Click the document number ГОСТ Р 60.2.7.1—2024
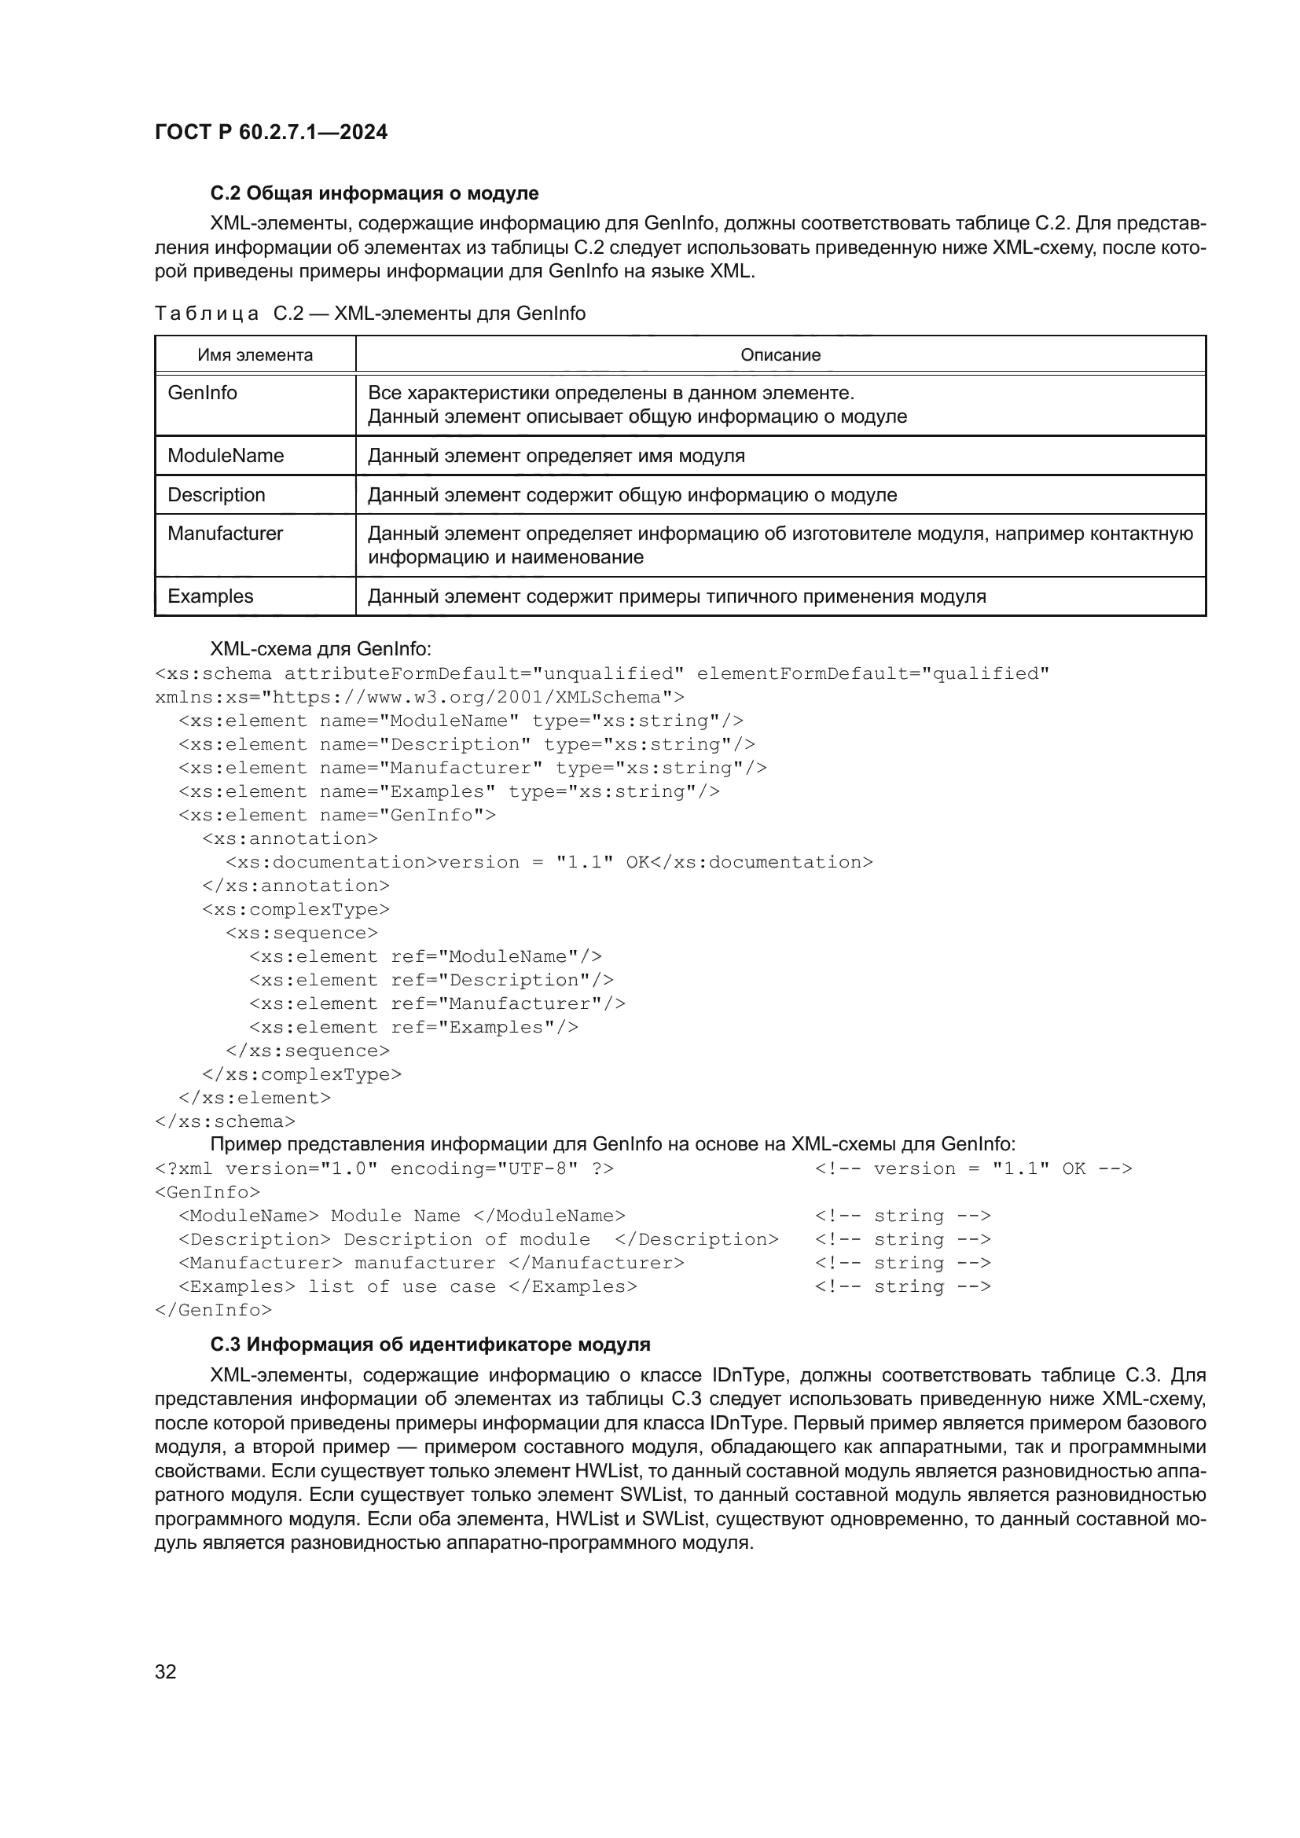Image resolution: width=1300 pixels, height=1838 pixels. click(270, 132)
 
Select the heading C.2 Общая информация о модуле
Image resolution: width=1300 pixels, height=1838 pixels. click(374, 193)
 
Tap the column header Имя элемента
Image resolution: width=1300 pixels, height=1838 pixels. click(255, 354)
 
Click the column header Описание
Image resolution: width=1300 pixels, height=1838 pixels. click(780, 354)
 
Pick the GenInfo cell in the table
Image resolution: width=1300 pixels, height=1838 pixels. click(203, 393)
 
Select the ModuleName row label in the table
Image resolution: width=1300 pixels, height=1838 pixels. click(225, 456)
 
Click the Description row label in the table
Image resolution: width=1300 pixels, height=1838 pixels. click(216, 495)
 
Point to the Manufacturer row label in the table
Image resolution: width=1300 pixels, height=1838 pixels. click(225, 533)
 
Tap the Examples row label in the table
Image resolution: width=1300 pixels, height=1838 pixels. click(210, 596)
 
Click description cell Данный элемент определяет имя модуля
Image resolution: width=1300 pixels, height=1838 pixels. click(556, 457)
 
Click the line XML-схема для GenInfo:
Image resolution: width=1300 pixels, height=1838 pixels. click(320, 648)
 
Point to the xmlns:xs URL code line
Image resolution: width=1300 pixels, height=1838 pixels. click(420, 697)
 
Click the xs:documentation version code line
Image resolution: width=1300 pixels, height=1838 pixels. click(549, 862)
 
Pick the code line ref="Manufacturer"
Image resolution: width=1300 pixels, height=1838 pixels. click(437, 1003)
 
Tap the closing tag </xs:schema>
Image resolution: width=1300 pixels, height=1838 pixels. click(225, 1121)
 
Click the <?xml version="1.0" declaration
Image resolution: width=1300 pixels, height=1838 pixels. click(384, 1168)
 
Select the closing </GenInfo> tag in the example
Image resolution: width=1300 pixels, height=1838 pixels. click(213, 1311)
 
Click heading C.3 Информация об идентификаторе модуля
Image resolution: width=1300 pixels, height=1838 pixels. click(430, 1344)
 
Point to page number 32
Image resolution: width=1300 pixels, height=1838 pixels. click(166, 1671)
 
